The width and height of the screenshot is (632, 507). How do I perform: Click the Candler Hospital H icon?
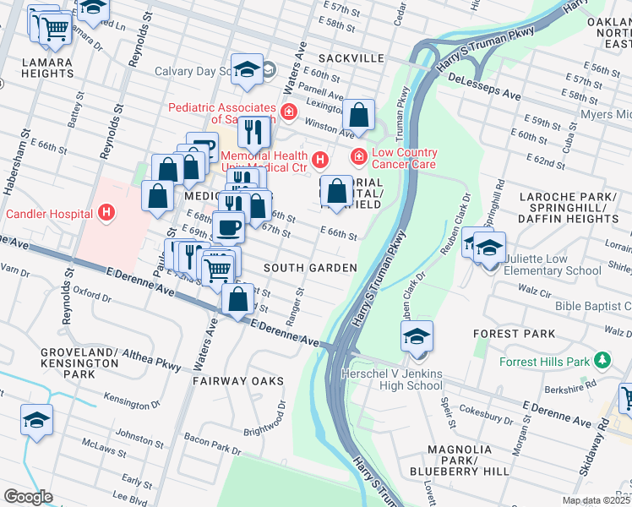click(x=106, y=213)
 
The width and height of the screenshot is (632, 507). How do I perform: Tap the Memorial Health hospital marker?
click(x=319, y=159)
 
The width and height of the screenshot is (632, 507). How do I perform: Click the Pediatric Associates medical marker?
click(x=289, y=111)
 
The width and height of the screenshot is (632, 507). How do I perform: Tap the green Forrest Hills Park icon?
click(x=602, y=362)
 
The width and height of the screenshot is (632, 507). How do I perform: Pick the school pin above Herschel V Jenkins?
click(x=417, y=336)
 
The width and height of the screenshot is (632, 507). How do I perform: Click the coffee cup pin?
click(x=228, y=226)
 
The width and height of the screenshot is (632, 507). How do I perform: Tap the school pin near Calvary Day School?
click(x=248, y=71)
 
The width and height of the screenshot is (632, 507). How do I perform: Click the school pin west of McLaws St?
click(x=37, y=420)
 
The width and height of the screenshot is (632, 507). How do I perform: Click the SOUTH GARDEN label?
click(x=309, y=268)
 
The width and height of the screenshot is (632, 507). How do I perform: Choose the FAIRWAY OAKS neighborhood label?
click(x=237, y=381)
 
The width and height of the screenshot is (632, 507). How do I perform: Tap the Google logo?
click(x=27, y=496)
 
